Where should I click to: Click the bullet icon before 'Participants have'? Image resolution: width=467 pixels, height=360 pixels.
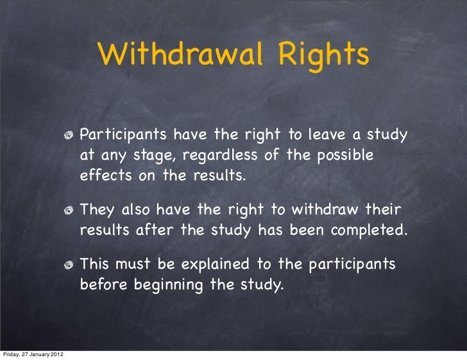click(x=70, y=136)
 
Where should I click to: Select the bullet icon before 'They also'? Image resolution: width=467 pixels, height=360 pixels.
click(x=70, y=210)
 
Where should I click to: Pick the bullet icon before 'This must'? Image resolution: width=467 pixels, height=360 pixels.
click(x=70, y=265)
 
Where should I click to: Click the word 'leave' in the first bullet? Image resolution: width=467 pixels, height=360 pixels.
click(x=329, y=135)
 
